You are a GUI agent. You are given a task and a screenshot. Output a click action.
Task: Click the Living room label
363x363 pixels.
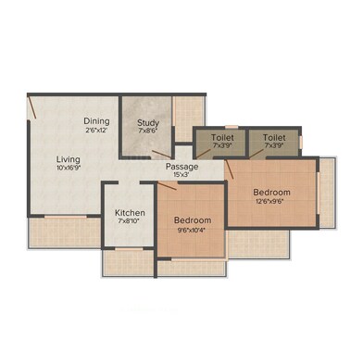point(69,160)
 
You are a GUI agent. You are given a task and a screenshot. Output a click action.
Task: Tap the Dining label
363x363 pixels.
point(96,121)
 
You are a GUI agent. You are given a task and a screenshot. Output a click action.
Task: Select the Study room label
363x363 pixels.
point(148,123)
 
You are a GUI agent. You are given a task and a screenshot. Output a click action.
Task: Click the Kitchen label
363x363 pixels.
point(130,213)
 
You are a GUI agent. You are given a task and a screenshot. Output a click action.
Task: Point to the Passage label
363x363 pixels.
point(182,167)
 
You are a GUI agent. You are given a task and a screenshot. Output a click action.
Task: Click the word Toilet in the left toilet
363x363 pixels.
point(222,138)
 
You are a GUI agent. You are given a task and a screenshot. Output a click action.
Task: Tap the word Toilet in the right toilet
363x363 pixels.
point(274,138)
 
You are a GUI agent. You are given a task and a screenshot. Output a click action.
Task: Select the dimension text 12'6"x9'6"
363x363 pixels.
point(269,202)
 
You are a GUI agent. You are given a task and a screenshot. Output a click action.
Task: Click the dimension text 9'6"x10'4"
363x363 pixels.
point(192,230)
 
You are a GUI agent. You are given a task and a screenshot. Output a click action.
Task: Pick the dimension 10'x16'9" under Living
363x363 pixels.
point(69,169)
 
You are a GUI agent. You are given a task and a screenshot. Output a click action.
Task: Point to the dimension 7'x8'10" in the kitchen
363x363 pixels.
point(130,221)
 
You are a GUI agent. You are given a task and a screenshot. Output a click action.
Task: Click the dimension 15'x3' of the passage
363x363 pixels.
point(181,174)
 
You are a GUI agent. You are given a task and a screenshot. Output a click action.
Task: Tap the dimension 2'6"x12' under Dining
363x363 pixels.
point(96,131)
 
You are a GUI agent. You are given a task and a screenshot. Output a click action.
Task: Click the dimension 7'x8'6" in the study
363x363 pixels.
point(148,131)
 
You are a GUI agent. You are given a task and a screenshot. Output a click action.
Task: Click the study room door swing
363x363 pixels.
point(161,154)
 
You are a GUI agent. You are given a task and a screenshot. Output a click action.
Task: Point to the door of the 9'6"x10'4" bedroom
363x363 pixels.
point(167,186)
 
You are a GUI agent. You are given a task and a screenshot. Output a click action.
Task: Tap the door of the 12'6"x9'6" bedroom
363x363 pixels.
point(229,169)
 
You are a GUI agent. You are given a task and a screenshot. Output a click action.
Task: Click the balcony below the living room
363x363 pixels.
point(65,232)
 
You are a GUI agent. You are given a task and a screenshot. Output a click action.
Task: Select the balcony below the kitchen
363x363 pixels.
point(129,262)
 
